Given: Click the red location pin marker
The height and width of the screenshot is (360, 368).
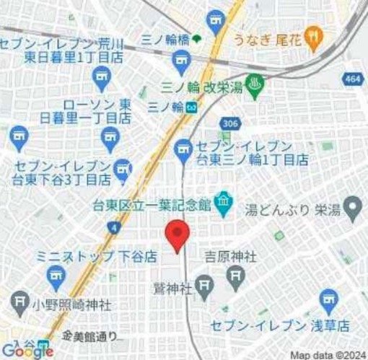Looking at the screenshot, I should click(x=178, y=235).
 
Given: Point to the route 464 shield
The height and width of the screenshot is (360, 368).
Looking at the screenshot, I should click(x=354, y=79).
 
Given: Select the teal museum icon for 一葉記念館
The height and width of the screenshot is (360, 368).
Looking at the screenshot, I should click(x=223, y=204).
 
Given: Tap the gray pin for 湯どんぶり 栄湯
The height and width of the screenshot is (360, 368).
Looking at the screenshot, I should click(x=353, y=210).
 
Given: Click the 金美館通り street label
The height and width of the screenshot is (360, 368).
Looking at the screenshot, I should click(x=89, y=336).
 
